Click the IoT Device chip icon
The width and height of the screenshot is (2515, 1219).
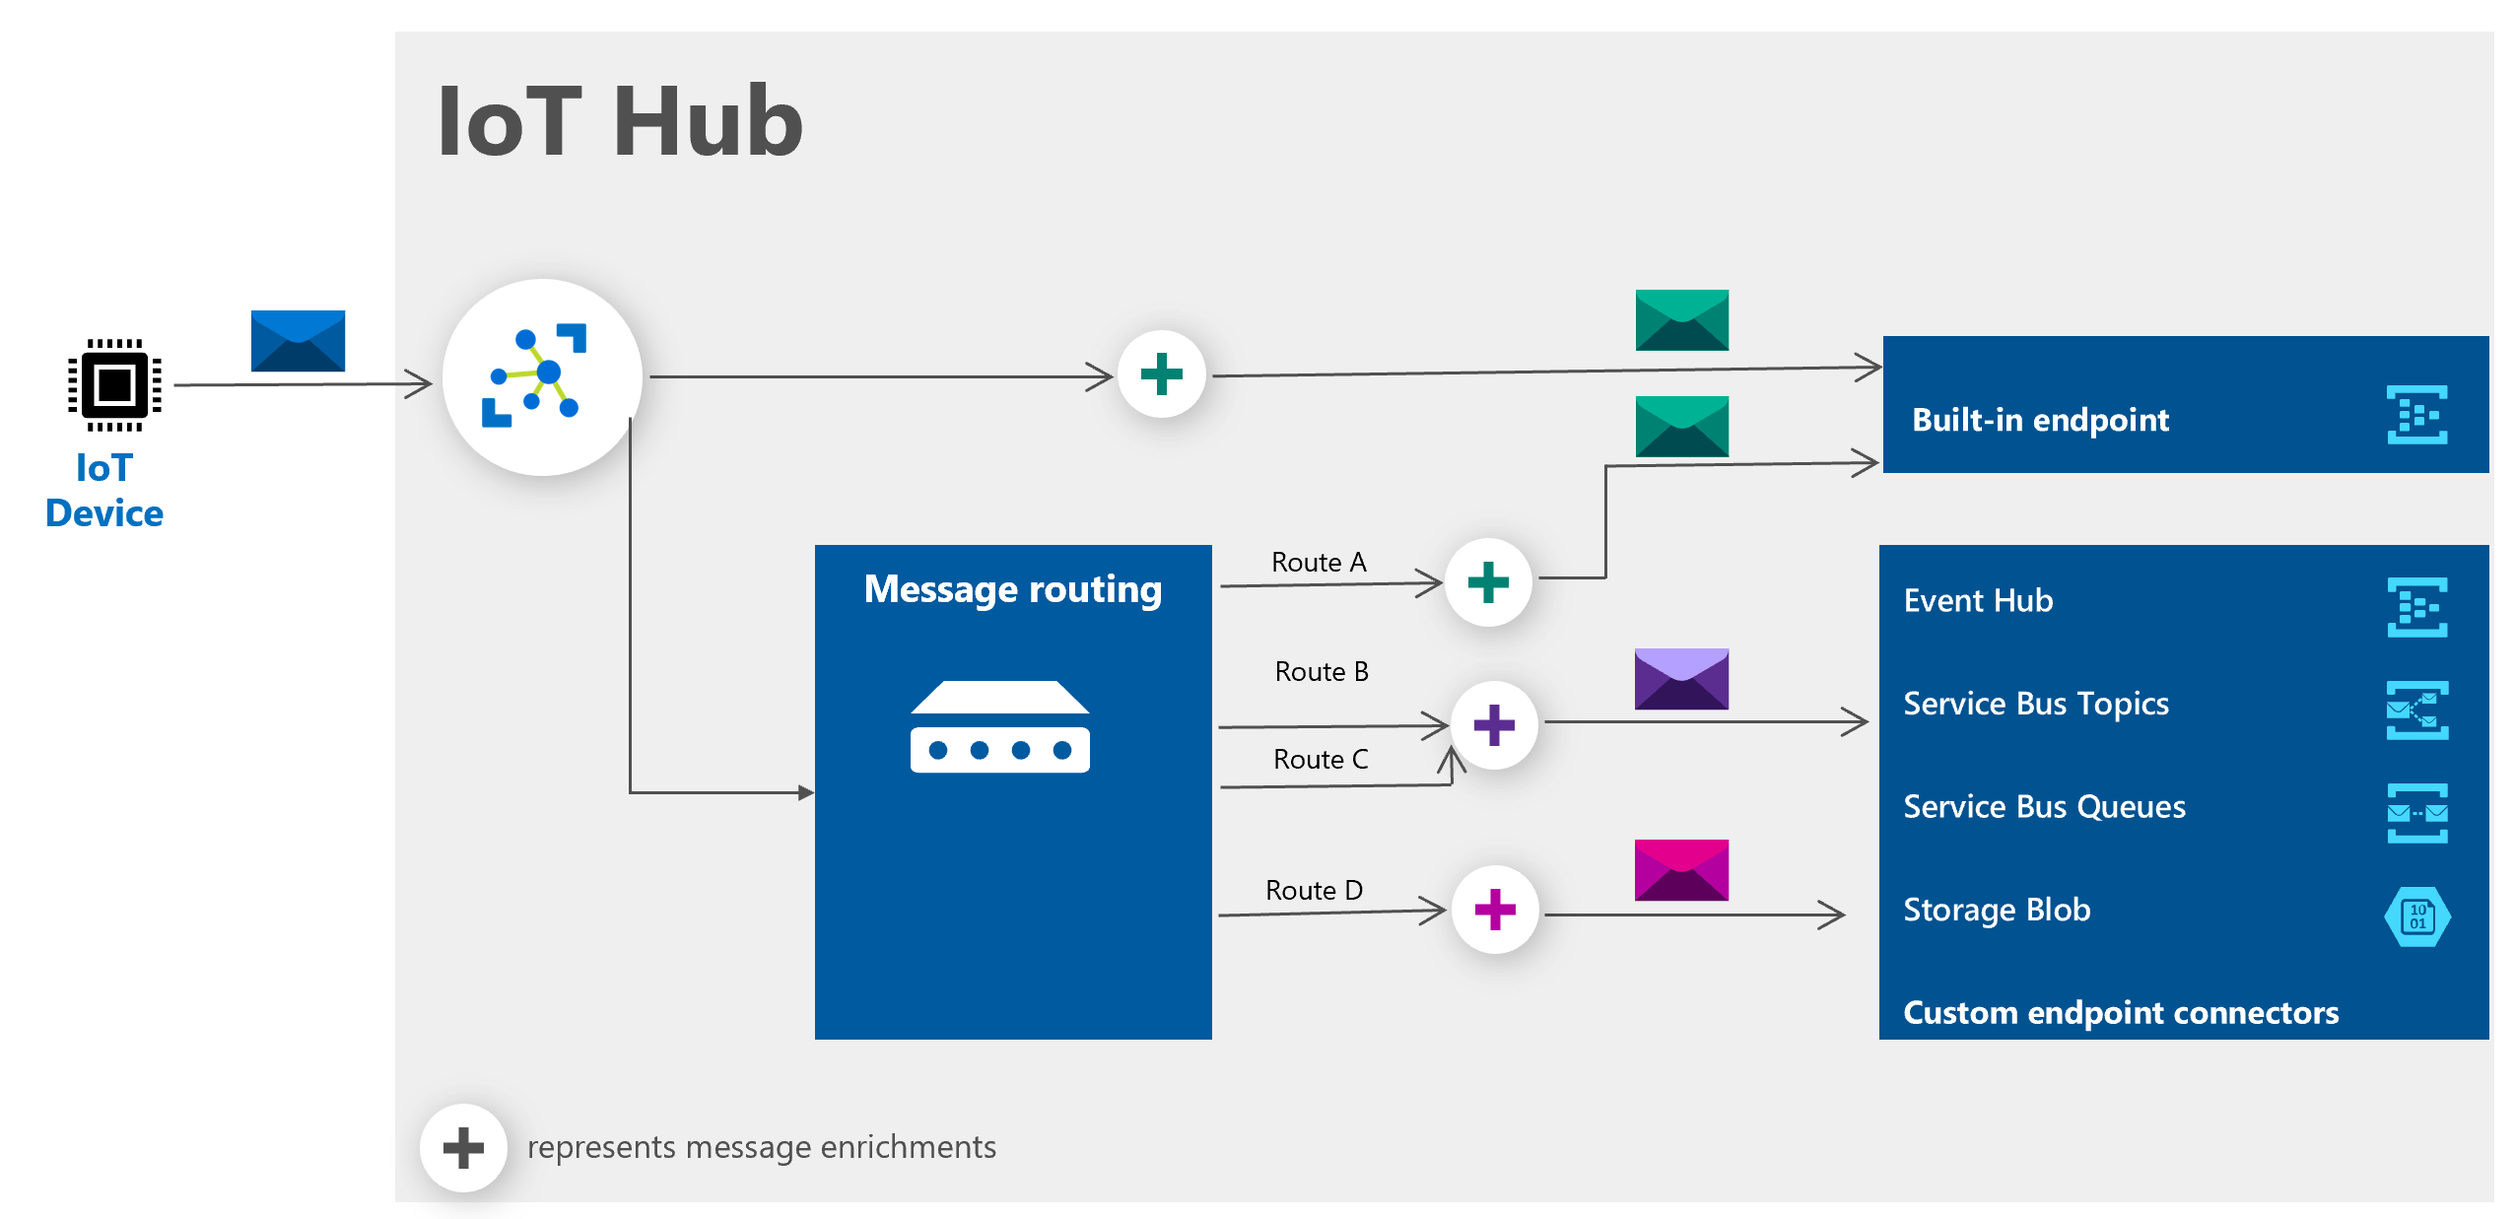pos(114,384)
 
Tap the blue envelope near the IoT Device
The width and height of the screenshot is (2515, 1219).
pos(298,341)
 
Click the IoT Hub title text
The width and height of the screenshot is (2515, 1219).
pos(620,121)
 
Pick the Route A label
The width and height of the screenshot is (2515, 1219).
pos(1318,562)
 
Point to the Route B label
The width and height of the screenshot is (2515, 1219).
pos(1321,671)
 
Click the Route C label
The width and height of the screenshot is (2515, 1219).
pos(1320,759)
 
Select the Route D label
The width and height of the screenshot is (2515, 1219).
pos(1313,890)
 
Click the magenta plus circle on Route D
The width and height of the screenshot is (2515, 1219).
pos(1494,909)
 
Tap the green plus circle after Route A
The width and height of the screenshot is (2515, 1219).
pos(1487,581)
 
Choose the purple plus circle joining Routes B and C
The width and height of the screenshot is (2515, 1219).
pos(1493,725)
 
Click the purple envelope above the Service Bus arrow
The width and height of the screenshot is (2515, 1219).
pos(1680,679)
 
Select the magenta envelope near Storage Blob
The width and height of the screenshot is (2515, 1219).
pos(1680,869)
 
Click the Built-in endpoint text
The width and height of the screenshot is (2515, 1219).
pos(2039,420)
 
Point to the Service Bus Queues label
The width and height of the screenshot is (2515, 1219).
pos(2043,806)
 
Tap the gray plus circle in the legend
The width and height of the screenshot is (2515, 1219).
pos(463,1147)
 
